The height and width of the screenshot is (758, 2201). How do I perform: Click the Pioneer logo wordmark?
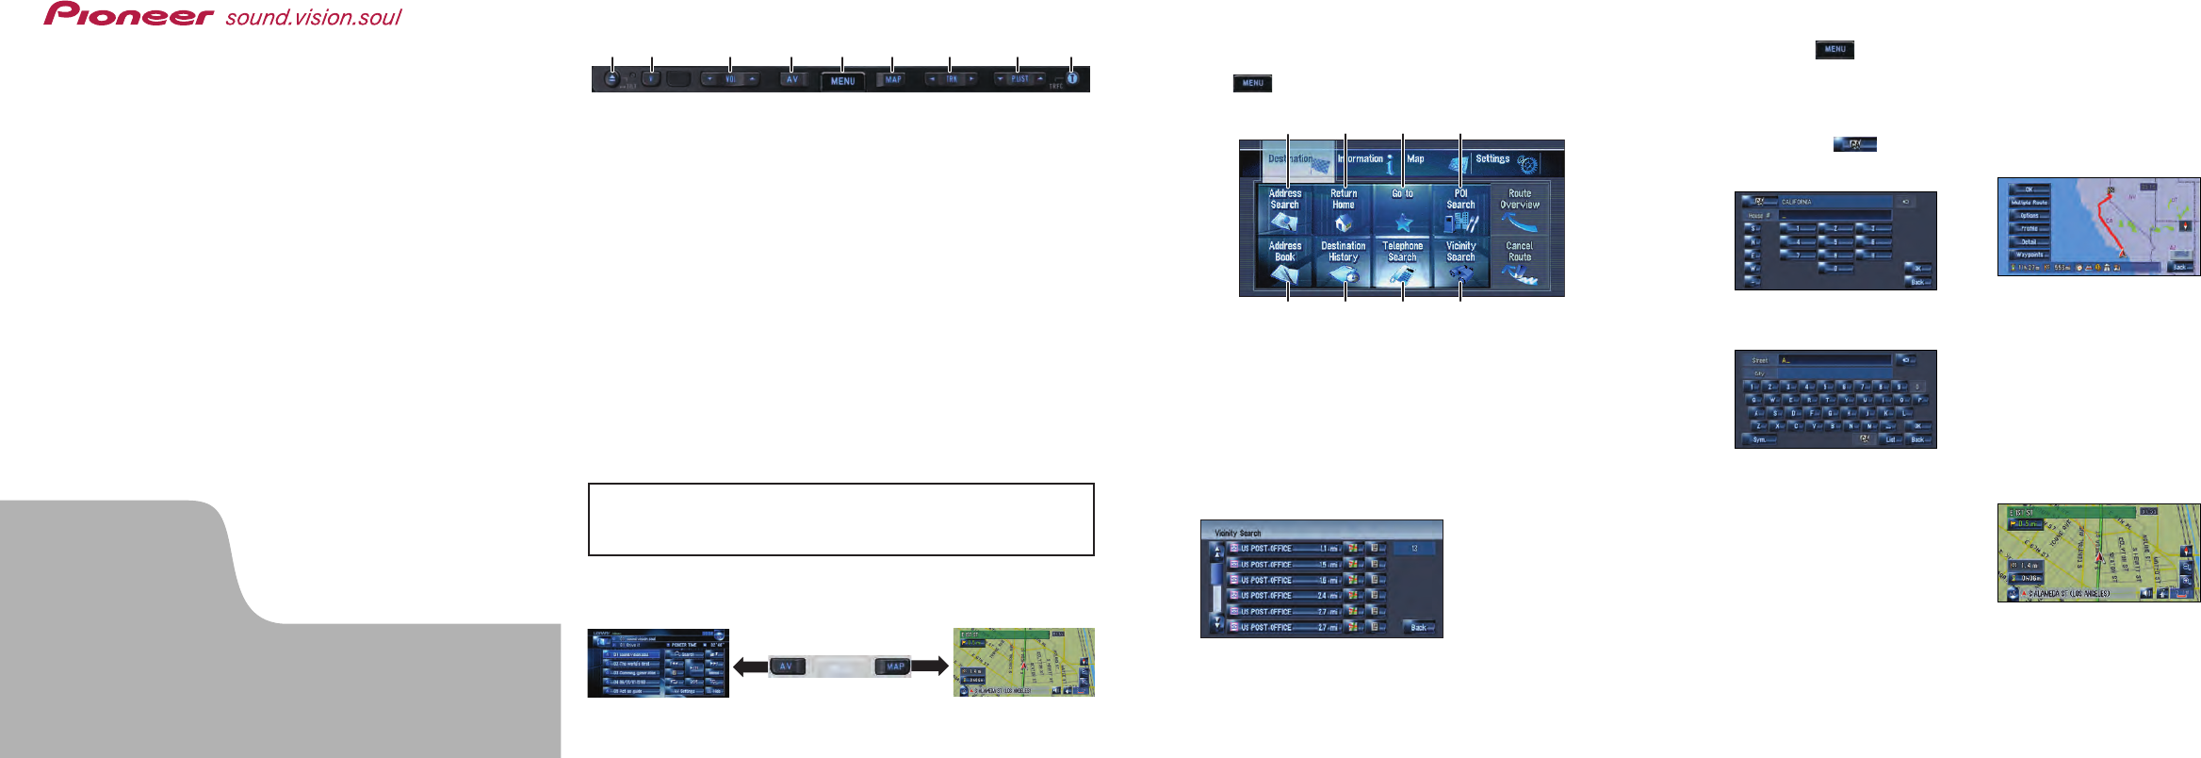(128, 14)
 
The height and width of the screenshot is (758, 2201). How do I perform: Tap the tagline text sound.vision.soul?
(313, 17)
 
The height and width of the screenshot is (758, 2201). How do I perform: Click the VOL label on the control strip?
(730, 80)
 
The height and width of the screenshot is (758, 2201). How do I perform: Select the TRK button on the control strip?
(952, 80)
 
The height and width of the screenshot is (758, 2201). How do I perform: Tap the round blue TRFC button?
(1071, 78)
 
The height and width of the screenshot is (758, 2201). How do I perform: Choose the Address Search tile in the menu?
(1284, 209)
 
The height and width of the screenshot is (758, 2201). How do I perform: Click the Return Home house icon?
(1344, 222)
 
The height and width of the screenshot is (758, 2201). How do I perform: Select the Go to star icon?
(1403, 223)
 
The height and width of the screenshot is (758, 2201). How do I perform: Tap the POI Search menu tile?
(1460, 209)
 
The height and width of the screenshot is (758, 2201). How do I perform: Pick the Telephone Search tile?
(1402, 261)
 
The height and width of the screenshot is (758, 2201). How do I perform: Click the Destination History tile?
(1344, 261)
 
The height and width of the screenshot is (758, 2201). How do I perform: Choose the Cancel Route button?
(1519, 261)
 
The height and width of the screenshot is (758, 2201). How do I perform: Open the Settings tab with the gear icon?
(1506, 161)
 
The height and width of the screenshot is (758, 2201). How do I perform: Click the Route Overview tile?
(1519, 209)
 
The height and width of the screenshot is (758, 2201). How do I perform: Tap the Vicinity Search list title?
(1237, 533)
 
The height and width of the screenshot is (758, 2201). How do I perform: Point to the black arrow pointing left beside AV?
(750, 667)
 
